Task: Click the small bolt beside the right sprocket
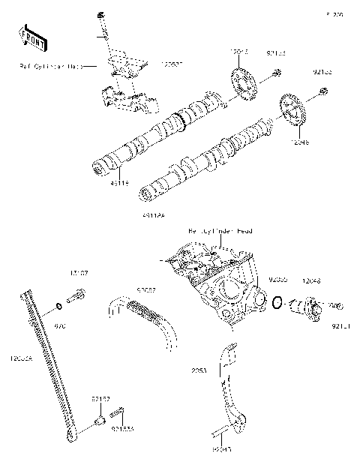(x=323, y=91)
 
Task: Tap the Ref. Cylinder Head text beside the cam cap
(x=49, y=66)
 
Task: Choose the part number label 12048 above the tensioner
(x=311, y=280)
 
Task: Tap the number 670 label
(x=61, y=326)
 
